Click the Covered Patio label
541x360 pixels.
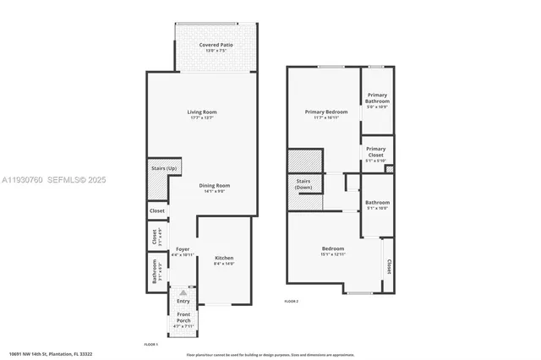(216, 45)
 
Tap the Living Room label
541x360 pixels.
(203, 112)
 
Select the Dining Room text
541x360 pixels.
(215, 185)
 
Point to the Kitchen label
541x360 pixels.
(224, 258)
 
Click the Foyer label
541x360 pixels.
(183, 249)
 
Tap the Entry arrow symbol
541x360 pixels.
(183, 290)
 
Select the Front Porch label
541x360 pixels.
(183, 318)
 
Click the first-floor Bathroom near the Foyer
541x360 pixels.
(155, 272)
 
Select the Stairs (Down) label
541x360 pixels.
(303, 183)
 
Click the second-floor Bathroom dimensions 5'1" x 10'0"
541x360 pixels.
(377, 208)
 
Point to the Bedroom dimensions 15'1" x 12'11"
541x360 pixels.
(332, 254)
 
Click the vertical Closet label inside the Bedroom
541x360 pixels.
(389, 266)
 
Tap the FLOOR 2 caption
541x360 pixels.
(291, 302)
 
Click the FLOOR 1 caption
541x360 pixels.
(151, 343)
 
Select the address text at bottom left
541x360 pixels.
(50, 353)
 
